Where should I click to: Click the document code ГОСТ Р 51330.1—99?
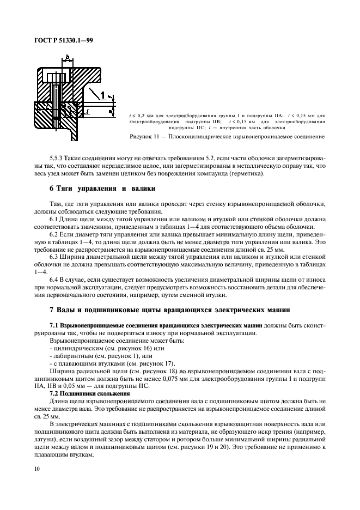[63, 40]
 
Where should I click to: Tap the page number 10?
[36, 467]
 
